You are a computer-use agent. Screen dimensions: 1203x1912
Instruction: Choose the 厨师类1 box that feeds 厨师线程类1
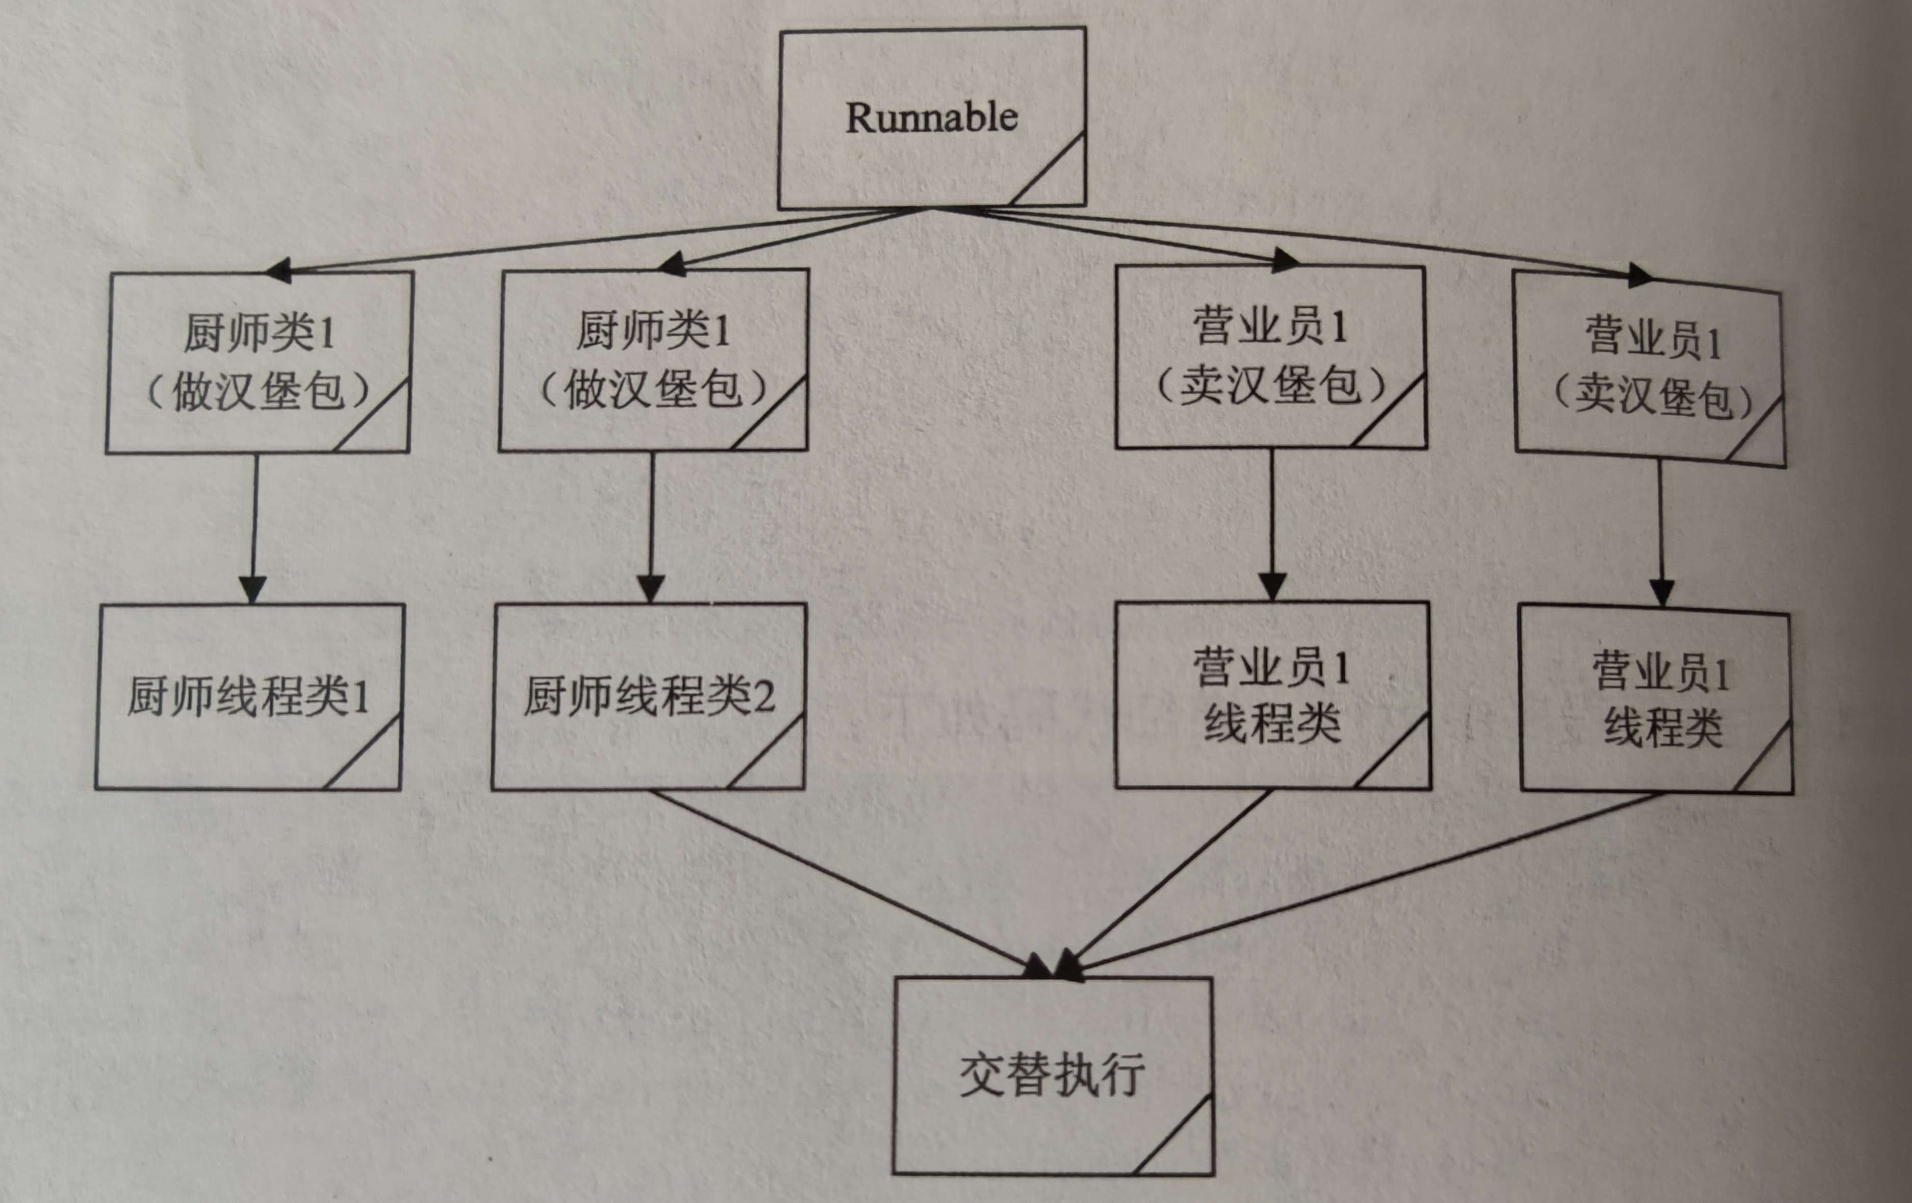pos(259,363)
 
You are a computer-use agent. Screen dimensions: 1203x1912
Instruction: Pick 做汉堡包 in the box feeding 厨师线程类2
pos(653,390)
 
